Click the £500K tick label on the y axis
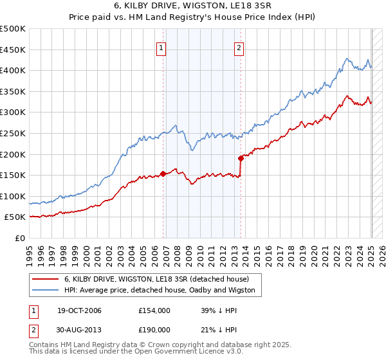(x=13, y=29)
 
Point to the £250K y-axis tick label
(x=13, y=133)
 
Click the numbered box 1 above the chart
(x=161, y=48)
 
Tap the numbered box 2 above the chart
(x=239, y=48)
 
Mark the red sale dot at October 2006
(x=163, y=173)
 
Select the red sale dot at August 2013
(x=241, y=157)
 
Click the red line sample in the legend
(x=46, y=279)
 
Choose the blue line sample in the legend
(x=46, y=290)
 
